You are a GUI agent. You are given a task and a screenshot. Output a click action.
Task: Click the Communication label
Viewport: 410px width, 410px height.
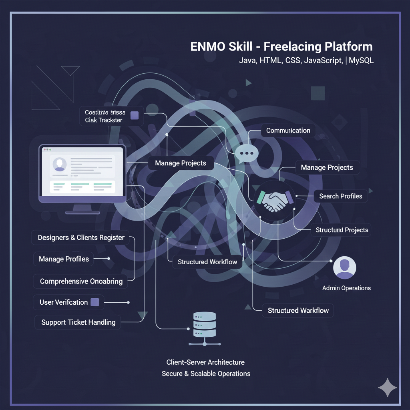288,131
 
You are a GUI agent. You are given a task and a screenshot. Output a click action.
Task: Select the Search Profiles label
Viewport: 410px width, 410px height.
340,196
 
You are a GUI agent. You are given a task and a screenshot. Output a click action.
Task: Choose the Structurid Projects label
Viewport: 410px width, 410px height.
342,230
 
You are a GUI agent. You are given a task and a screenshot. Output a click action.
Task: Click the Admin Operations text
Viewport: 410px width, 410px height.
346,288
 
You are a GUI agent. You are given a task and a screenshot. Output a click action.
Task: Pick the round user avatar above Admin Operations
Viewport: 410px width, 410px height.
344,267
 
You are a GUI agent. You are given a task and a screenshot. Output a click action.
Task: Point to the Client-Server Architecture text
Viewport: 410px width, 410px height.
205,362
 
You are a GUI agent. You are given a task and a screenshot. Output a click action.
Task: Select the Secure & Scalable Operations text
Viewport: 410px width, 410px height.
206,374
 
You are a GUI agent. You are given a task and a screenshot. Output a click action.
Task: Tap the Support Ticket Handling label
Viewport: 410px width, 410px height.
78,322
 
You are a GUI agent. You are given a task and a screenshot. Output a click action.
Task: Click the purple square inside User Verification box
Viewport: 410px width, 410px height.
95,302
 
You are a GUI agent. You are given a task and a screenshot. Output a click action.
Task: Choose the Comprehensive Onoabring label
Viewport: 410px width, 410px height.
81,281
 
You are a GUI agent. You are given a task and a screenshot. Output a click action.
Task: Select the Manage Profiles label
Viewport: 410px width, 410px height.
64,259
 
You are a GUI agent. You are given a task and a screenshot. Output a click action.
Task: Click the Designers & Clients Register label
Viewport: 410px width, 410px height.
81,237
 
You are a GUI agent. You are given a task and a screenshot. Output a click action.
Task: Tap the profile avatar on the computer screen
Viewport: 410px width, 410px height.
60,165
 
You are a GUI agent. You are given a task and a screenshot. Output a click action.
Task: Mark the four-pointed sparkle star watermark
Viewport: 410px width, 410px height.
388,387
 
